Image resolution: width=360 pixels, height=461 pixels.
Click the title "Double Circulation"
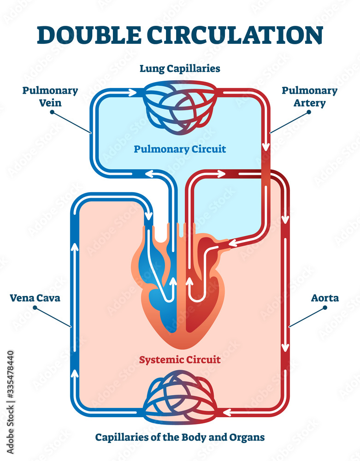coord(180,35)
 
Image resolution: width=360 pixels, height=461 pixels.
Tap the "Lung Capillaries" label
coord(180,69)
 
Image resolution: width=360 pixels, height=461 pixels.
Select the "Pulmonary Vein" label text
coord(50,96)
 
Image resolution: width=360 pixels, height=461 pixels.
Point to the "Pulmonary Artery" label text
coord(309,96)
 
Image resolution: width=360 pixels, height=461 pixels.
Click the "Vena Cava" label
coord(35,298)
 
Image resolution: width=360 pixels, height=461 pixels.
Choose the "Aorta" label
coord(325,298)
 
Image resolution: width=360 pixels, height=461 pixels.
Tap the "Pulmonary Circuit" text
coord(180,149)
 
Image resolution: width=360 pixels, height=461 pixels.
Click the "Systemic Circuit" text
coord(180,359)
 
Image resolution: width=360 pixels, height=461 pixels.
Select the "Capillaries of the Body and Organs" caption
coord(180,437)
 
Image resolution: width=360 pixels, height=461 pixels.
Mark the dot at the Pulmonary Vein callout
coord(52,112)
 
